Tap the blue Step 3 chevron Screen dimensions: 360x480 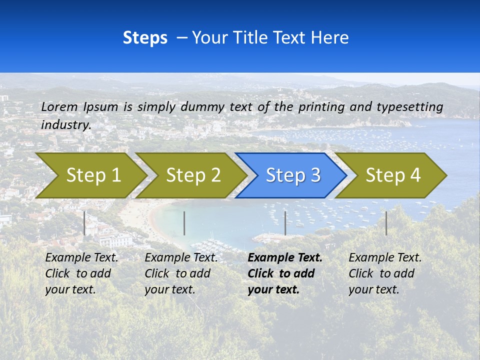[292, 175]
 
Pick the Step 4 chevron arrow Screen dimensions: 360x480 [392, 175]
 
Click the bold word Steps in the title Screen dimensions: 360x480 [145, 38]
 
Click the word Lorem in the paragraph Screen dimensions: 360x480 [59, 106]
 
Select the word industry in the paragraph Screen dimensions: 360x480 [65, 124]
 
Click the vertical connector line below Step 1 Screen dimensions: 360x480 [84, 223]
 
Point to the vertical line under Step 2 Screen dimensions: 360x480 [184, 223]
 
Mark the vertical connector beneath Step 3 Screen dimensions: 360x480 [285, 223]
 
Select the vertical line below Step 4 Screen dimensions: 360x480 [386, 223]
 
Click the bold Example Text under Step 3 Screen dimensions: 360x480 [285, 258]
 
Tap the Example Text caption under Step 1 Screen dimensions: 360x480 [81, 258]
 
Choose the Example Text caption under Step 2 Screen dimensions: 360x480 [181, 258]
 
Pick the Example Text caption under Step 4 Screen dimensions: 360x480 [385, 258]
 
